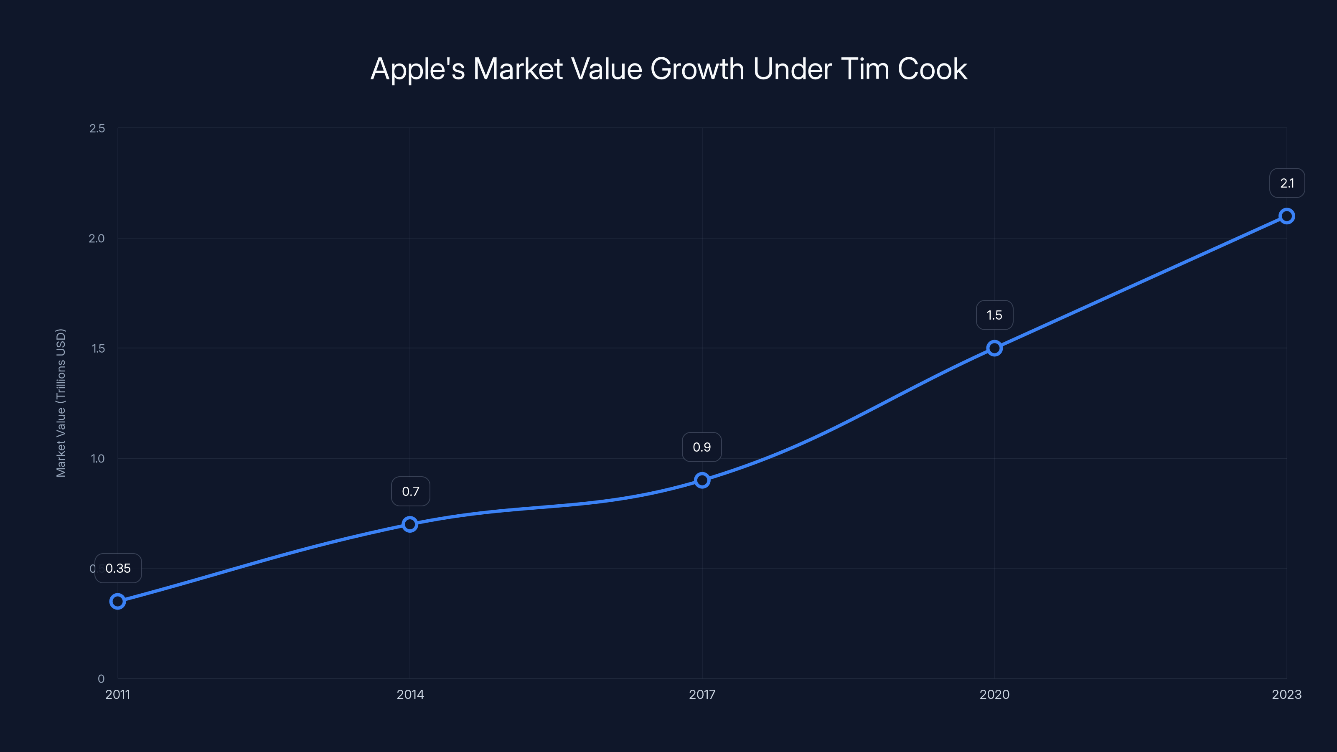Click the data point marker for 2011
[118, 602]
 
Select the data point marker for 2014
[410, 524]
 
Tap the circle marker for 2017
[702, 480]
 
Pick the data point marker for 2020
[994, 348]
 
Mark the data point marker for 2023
[1287, 216]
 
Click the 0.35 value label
[118, 568]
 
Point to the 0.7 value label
[411, 491]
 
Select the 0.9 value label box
[702, 447]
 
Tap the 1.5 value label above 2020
[994, 315]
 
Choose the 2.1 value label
[1287, 183]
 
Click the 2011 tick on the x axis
[118, 694]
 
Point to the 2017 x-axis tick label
[702, 694]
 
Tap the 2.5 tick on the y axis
[97, 128]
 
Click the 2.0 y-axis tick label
[97, 238]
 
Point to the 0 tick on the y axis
[101, 678]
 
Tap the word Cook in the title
[932, 69]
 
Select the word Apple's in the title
[417, 69]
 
